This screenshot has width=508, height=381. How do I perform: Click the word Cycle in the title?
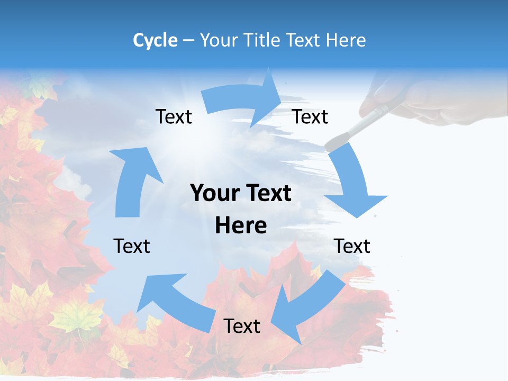coord(155,40)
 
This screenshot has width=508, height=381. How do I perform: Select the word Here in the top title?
coord(346,40)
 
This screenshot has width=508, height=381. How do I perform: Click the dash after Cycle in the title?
coord(188,41)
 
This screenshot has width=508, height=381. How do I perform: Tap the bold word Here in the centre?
coord(241,226)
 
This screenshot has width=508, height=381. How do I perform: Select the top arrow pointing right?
coord(243,101)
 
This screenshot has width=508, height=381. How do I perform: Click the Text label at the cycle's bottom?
coord(242,326)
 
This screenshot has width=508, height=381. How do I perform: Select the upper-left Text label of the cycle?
coord(174,117)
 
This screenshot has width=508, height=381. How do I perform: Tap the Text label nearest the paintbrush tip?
coord(310,117)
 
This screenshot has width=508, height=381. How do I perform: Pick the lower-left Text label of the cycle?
coord(132,246)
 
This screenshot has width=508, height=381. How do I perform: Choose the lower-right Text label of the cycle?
coord(352,246)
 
